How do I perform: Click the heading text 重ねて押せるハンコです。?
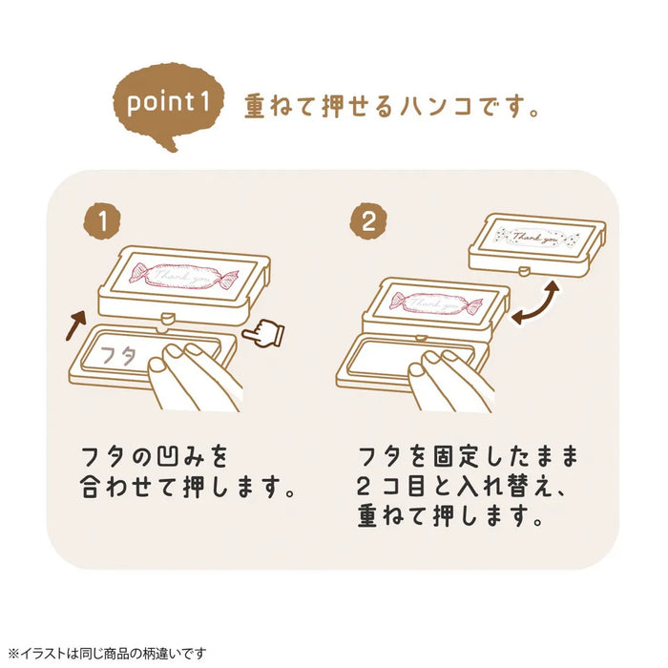[x=392, y=105]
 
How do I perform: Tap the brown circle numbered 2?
[x=367, y=222]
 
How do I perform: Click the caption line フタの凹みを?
[x=155, y=449]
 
